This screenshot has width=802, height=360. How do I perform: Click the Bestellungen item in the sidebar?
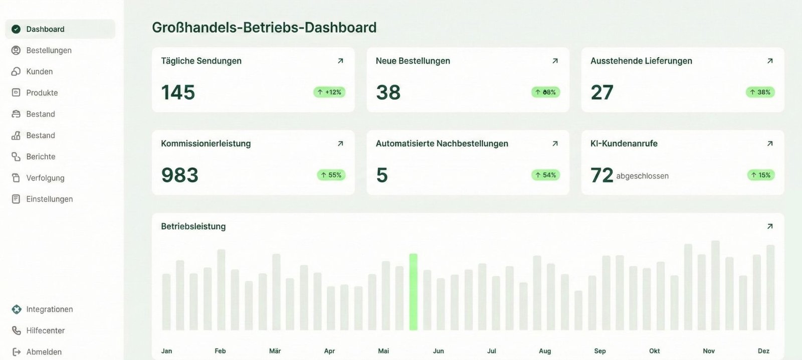point(49,50)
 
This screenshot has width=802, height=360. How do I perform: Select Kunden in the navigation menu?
point(39,72)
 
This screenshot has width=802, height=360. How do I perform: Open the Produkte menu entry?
point(42,93)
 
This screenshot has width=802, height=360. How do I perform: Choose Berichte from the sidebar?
point(41,156)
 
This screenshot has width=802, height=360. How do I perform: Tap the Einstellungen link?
point(49,199)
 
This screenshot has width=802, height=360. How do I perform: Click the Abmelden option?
point(44,352)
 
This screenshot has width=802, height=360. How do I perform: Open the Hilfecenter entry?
point(45,330)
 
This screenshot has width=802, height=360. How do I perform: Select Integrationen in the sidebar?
point(49,309)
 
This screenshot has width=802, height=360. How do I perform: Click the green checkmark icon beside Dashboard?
point(16,29)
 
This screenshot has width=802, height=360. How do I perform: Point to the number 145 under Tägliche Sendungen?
point(178,92)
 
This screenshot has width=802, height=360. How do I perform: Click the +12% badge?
point(329,92)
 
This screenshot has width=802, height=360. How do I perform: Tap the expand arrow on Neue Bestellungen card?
point(555,61)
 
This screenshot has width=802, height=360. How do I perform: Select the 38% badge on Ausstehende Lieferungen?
point(760,92)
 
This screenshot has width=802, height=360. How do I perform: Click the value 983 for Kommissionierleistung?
point(179,175)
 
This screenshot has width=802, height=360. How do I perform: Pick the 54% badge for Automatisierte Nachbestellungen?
point(545,175)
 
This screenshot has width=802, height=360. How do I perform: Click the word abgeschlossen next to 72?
point(642,176)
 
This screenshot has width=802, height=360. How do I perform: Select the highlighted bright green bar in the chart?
point(413,292)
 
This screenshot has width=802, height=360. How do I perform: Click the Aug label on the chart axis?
point(545,351)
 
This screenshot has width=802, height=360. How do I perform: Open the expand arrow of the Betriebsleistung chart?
point(770,226)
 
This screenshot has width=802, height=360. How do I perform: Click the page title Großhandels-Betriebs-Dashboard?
point(264,27)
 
